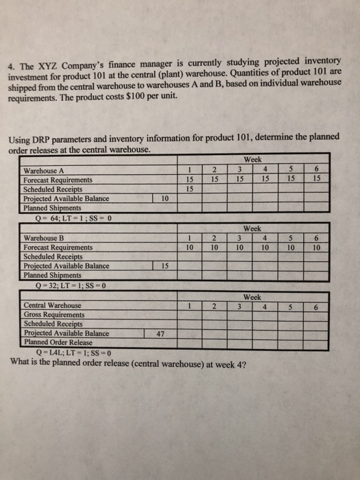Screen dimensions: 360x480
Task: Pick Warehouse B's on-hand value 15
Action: [x=162, y=265]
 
